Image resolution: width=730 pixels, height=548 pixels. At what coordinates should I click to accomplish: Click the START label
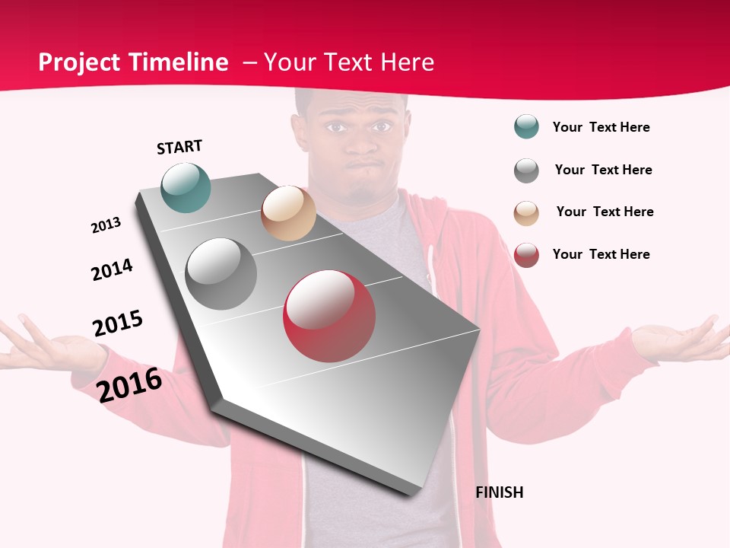(179, 147)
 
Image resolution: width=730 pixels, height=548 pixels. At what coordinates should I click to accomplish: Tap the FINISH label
(500, 492)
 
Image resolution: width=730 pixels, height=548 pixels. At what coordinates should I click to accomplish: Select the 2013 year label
(106, 225)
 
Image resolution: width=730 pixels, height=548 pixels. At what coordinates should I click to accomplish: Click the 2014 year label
(112, 269)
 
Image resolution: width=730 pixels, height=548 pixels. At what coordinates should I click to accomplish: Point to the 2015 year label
(118, 323)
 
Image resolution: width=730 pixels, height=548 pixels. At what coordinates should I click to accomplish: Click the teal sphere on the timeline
(186, 187)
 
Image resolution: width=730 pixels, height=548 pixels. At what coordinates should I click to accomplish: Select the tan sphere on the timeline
(288, 213)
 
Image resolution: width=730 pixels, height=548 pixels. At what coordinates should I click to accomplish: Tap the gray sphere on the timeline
(221, 274)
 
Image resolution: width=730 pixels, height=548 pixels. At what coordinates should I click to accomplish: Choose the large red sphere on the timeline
(329, 316)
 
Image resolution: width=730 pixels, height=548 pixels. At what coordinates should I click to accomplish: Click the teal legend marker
(526, 127)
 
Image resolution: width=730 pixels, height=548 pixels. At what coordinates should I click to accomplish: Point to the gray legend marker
(526, 170)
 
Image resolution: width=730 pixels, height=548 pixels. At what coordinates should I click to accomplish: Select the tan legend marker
(526, 213)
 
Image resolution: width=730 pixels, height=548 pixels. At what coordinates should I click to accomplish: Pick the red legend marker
(526, 255)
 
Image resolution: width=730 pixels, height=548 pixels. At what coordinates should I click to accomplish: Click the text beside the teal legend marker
(601, 127)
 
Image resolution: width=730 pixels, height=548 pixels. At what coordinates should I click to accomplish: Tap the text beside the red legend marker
(601, 254)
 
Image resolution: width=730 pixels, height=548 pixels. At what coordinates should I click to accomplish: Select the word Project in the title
(81, 62)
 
